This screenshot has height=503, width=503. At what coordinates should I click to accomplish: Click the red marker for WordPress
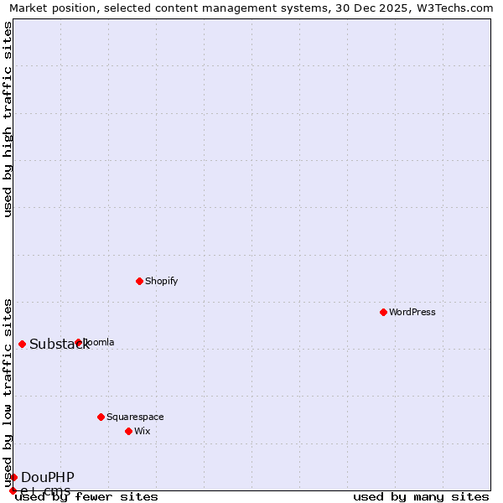point(383,312)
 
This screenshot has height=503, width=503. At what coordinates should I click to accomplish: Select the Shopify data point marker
point(139,281)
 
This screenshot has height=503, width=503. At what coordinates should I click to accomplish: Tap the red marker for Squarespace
point(101,417)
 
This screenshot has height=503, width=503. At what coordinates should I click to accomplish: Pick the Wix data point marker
point(128,431)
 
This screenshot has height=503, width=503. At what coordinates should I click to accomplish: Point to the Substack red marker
point(22,344)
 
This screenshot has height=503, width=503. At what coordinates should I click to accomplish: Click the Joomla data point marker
point(78,342)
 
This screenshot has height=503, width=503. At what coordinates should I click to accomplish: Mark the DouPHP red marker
point(13,477)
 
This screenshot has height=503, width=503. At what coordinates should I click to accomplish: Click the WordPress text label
point(412,312)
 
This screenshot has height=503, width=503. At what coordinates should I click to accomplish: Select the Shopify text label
point(162,281)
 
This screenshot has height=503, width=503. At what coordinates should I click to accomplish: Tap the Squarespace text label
point(135,417)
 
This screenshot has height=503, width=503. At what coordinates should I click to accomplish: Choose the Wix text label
point(143,431)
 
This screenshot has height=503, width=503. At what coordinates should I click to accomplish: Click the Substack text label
point(59,345)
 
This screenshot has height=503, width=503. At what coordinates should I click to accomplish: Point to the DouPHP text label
point(48,477)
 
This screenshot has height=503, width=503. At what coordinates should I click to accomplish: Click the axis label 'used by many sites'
point(421,497)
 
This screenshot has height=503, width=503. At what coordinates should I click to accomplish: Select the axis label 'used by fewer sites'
point(87,497)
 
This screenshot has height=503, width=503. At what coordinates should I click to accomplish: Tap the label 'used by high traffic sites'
point(8,119)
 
